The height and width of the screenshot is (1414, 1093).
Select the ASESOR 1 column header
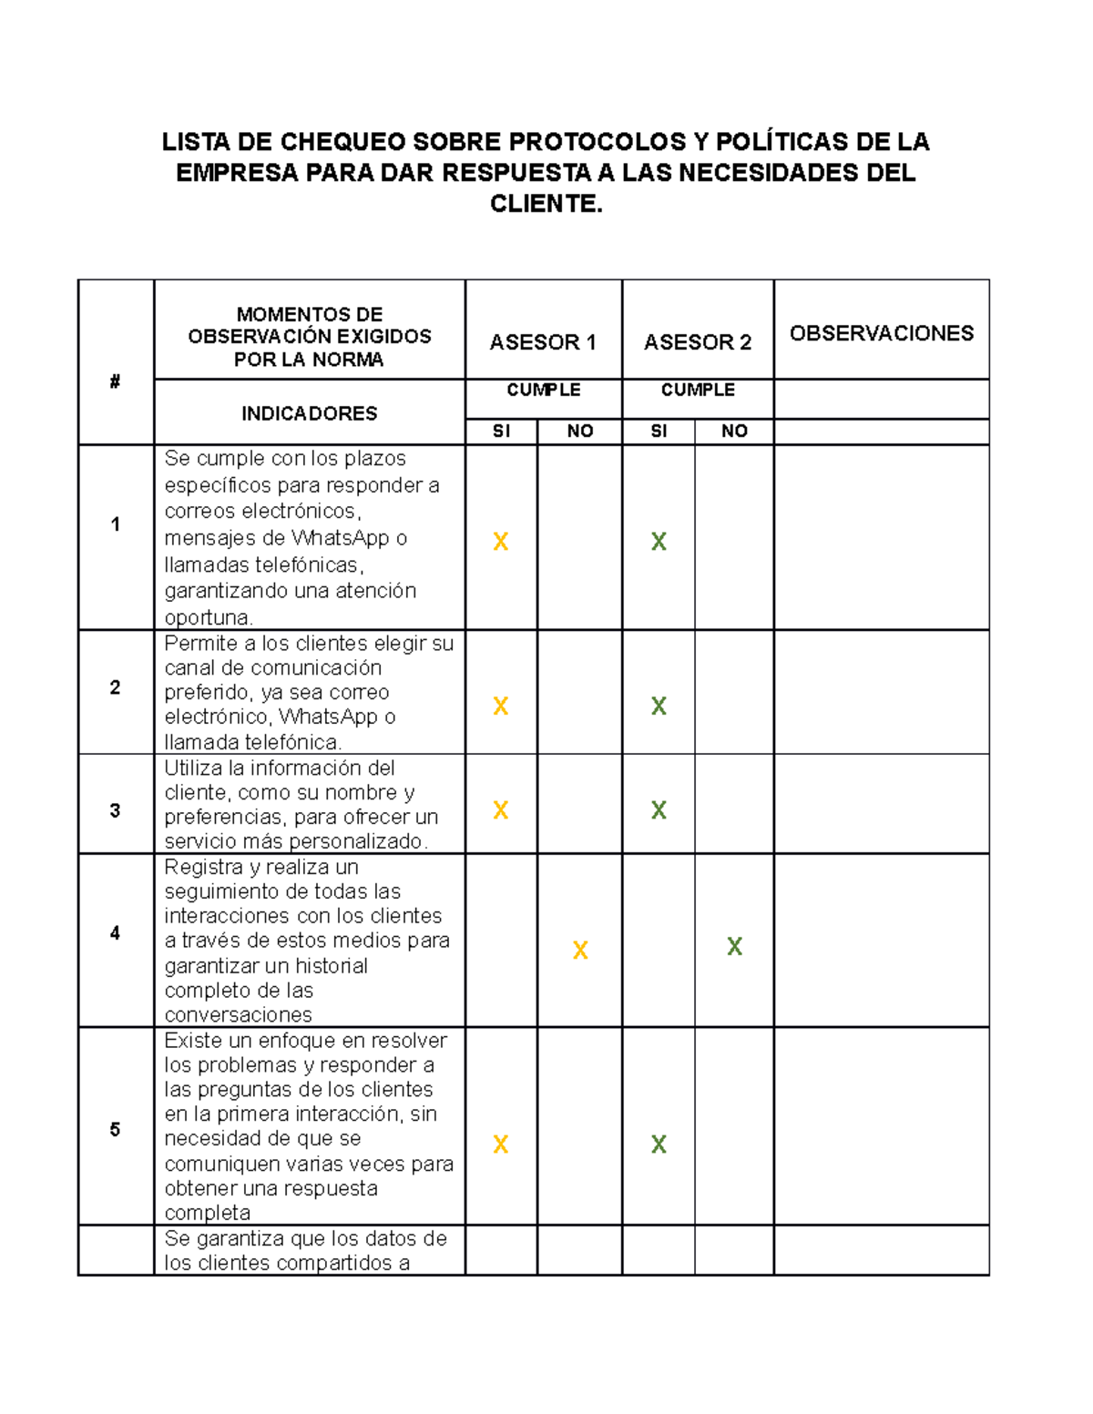(543, 342)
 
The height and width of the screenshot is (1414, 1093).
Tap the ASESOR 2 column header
(698, 342)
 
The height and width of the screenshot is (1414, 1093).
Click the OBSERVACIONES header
(881, 333)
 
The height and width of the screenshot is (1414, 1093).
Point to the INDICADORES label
(309, 413)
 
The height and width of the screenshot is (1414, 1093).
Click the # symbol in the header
(115, 381)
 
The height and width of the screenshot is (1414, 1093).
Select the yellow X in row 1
(500, 542)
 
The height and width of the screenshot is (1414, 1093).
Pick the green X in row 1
(659, 542)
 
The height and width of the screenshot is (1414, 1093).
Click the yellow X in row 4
(580, 951)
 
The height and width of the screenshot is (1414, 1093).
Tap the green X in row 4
(734, 947)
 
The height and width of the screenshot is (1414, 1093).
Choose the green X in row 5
(659, 1144)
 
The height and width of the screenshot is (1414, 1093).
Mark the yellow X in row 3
(500, 810)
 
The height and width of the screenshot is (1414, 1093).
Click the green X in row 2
(659, 706)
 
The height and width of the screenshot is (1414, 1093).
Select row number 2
(115, 687)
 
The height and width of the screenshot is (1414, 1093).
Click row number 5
(115, 1130)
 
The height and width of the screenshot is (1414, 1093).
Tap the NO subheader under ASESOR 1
(580, 432)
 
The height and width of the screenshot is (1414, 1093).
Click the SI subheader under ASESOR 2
(659, 432)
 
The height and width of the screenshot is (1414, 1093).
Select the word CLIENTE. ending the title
(546, 204)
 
